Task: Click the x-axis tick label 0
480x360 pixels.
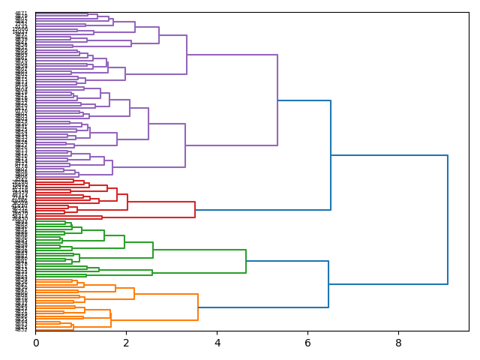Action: point(35,343)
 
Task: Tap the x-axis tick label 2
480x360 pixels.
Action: point(126,343)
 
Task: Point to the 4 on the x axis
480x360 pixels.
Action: point(217,343)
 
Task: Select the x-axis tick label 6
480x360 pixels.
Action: point(307,343)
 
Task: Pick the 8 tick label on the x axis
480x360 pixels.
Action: point(398,343)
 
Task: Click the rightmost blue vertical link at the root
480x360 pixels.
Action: point(448,220)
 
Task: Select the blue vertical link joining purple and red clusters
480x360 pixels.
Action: point(331,155)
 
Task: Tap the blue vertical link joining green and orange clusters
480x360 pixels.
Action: point(328,284)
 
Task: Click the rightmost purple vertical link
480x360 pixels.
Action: point(277,100)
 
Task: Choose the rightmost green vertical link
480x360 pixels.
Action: point(246,261)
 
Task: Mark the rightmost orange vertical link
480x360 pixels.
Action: point(198,307)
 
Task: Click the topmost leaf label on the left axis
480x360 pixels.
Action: point(21,13)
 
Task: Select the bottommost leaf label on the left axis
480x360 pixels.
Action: point(21,330)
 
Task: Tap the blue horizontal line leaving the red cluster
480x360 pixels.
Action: point(262,210)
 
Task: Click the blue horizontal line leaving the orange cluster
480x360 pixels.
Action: point(263,307)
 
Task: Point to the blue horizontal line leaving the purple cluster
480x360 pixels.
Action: point(304,100)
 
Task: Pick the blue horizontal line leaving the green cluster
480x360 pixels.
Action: point(287,261)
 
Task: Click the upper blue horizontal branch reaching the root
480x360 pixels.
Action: point(389,155)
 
